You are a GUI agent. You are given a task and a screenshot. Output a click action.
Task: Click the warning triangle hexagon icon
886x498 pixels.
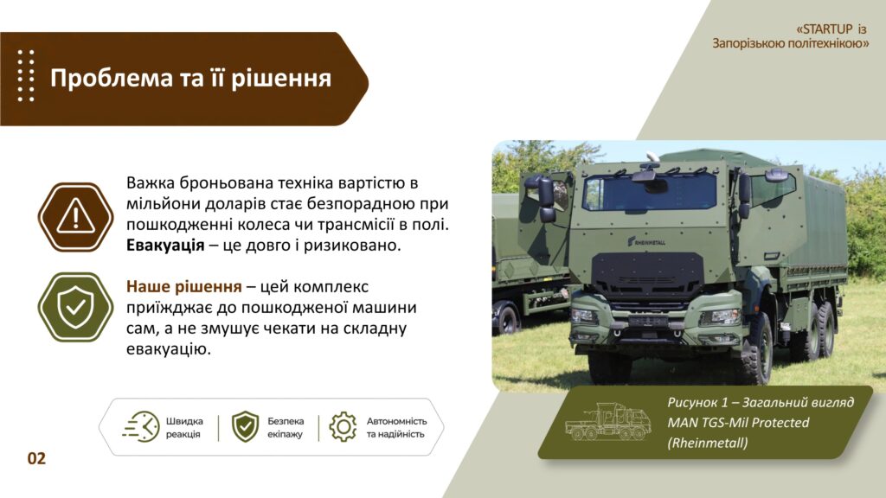pyautogui.click(x=76, y=217)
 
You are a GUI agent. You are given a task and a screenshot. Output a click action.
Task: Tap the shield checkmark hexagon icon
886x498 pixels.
pyautogui.click(x=76, y=307)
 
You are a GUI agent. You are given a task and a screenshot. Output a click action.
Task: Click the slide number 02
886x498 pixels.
pyautogui.click(x=36, y=458)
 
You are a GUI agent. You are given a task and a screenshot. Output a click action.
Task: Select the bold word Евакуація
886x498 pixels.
pyautogui.click(x=165, y=246)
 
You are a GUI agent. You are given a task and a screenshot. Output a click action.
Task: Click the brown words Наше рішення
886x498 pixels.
pyautogui.click(x=183, y=287)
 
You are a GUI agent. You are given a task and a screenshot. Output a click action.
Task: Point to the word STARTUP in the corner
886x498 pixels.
pyautogui.click(x=827, y=29)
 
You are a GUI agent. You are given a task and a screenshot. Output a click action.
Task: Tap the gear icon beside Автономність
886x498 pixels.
pyautogui.click(x=343, y=427)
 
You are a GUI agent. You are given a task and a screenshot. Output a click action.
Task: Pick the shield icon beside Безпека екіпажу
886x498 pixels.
pyautogui.click(x=245, y=427)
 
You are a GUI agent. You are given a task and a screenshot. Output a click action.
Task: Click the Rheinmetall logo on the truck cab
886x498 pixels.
pyautogui.click(x=646, y=242)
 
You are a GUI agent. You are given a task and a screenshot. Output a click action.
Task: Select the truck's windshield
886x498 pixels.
pyautogui.click(x=650, y=192)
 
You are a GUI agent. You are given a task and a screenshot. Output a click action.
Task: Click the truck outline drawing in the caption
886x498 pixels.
pyautogui.click(x=607, y=421)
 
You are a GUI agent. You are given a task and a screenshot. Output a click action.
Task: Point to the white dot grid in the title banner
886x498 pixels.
pyautogui.click(x=25, y=76)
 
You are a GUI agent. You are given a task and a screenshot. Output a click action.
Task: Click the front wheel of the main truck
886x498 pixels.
pyautogui.click(x=754, y=349)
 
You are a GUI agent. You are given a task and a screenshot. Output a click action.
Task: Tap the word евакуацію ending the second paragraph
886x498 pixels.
pyautogui.click(x=169, y=349)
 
